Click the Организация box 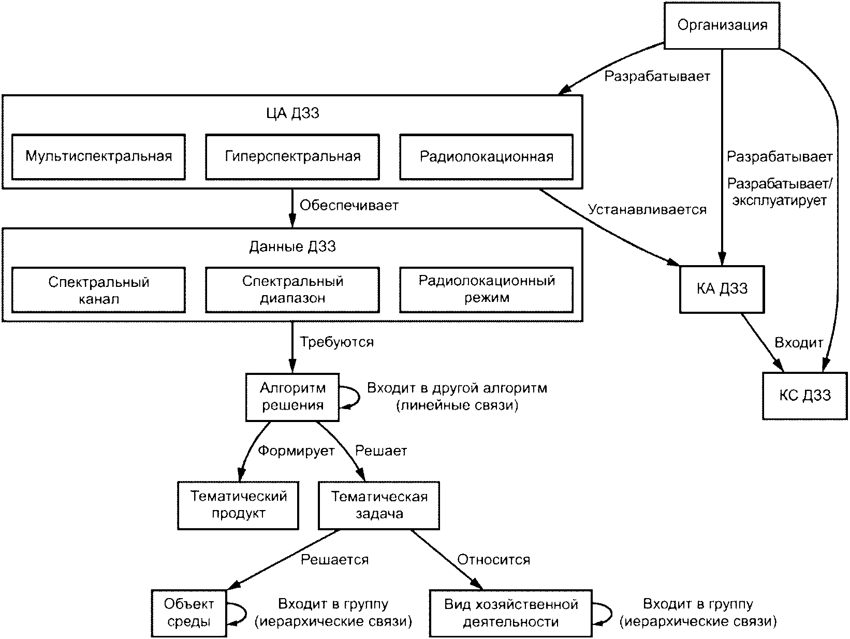click(722, 25)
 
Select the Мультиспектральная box click(98, 157)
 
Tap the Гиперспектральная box click(292, 157)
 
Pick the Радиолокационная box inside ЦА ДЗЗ click(487, 157)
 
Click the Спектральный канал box click(98, 289)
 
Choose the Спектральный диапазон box click(292, 289)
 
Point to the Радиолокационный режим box click(487, 289)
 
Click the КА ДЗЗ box click(722, 289)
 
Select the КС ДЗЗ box click(805, 396)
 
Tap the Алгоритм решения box click(292, 397)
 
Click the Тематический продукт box click(238, 505)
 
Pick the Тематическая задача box click(379, 505)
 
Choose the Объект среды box click(189, 613)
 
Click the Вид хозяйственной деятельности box click(511, 613)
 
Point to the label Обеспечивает click(349, 205)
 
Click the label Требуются click(337, 342)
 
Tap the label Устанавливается click(647, 210)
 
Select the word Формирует click(296, 451)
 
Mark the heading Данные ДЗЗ click(292, 246)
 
